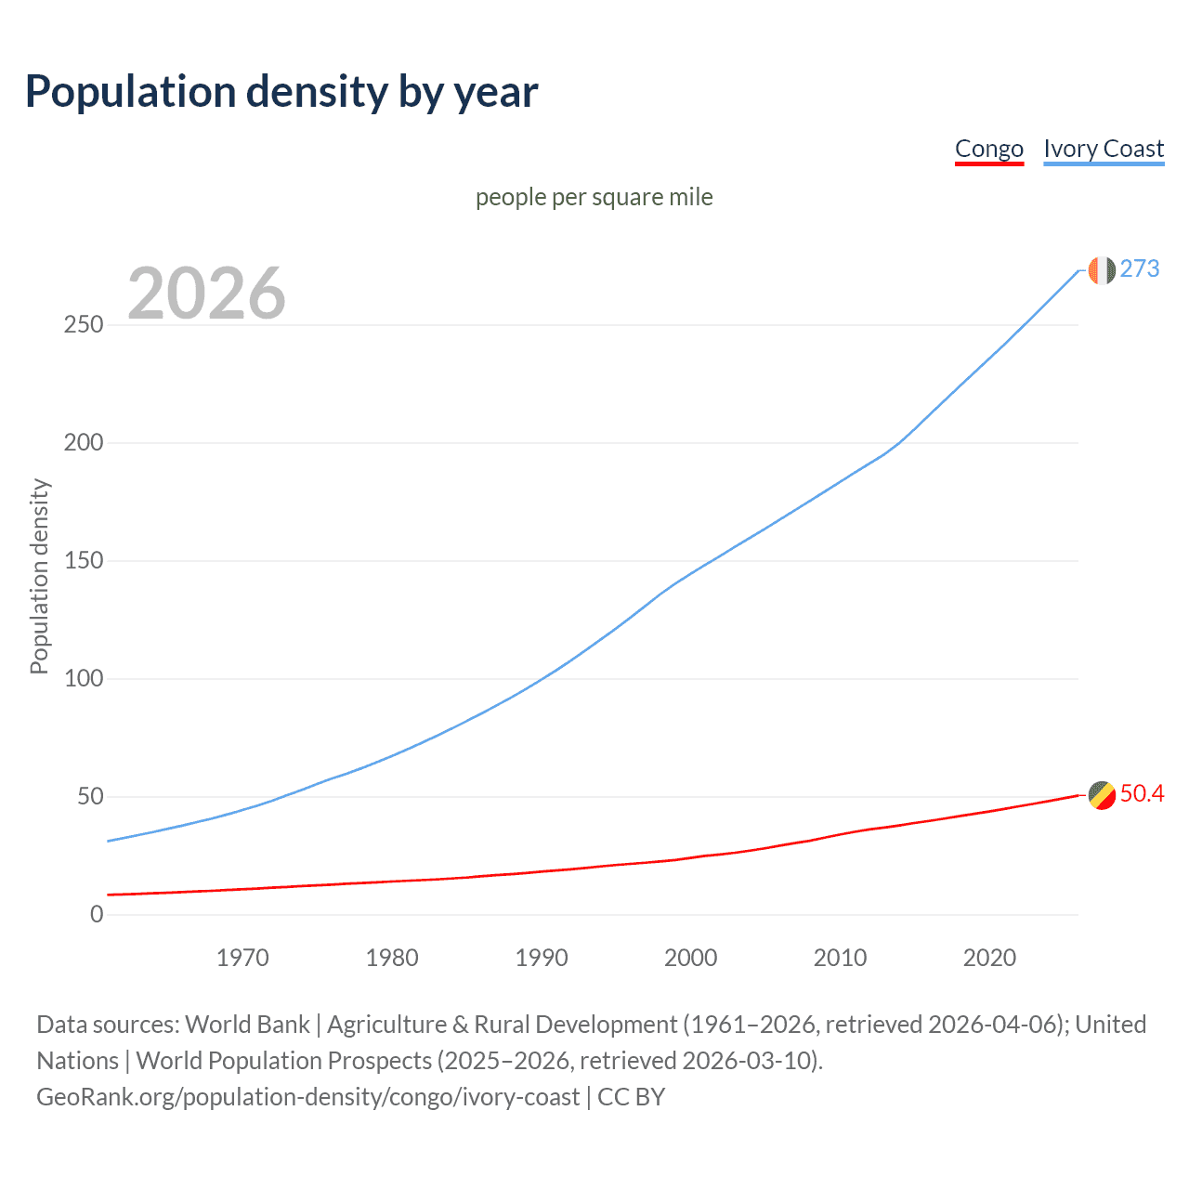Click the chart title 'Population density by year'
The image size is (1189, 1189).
(x=281, y=92)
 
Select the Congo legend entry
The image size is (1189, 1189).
(x=988, y=149)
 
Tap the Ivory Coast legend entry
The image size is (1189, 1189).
(x=1104, y=149)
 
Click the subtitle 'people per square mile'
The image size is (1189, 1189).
(x=594, y=197)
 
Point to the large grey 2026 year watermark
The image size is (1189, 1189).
(x=206, y=294)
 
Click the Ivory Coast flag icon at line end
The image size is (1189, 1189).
(x=1101, y=270)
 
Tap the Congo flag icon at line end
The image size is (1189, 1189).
(x=1101, y=795)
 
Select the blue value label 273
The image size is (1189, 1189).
(x=1140, y=269)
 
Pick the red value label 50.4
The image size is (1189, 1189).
(x=1142, y=794)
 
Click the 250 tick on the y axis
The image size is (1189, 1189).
(x=84, y=325)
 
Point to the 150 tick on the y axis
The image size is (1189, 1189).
(x=84, y=561)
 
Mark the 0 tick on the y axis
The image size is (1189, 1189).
(x=97, y=914)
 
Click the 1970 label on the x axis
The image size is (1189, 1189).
(x=242, y=958)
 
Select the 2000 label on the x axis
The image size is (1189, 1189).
(x=690, y=958)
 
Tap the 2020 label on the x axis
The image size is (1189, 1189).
(x=989, y=958)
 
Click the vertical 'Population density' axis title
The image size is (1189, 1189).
(x=39, y=576)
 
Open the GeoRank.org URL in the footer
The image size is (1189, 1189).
(x=307, y=1097)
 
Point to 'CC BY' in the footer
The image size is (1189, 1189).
(x=632, y=1097)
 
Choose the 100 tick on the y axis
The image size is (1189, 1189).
(x=84, y=679)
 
